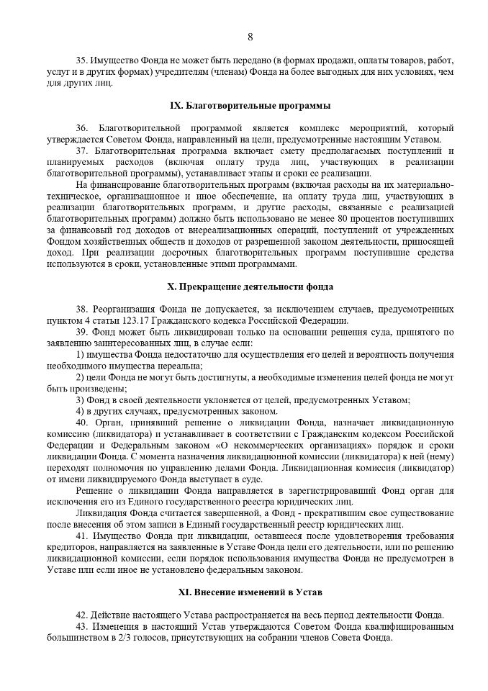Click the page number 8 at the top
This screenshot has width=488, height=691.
(250, 37)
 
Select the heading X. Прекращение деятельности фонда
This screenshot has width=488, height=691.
(250, 286)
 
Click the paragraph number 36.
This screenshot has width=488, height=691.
(82, 127)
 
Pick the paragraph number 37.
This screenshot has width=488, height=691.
(82, 150)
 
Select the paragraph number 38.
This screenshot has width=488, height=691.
(82, 309)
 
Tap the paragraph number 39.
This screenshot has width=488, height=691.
(82, 332)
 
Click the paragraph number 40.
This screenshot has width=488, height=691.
(82, 422)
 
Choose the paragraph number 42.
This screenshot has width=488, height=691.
(82, 615)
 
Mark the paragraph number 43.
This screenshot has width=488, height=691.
(82, 626)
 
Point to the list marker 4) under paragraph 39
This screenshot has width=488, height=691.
(80, 411)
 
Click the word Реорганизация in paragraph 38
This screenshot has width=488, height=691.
(123, 309)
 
